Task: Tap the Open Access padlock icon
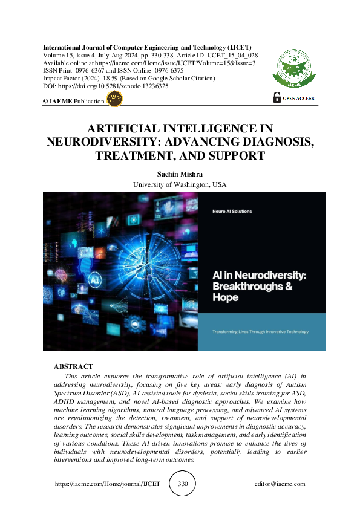[x=277, y=97]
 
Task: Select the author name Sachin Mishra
[x=179, y=174]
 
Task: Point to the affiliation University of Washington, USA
[x=179, y=184]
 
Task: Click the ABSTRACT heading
[x=73, y=366]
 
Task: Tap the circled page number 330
[x=183, y=484]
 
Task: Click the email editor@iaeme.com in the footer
[x=280, y=484]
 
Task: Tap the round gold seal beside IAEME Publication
[x=114, y=100]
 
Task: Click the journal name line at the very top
[x=147, y=47]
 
